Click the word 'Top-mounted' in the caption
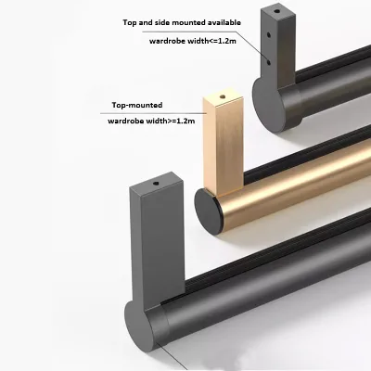click(137, 105)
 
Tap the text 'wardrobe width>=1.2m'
click(151, 121)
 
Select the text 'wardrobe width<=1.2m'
click(193, 41)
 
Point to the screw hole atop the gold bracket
click(222, 96)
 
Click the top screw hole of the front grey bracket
click(156, 184)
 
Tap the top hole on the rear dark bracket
click(277, 12)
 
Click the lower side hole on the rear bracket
click(268, 62)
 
